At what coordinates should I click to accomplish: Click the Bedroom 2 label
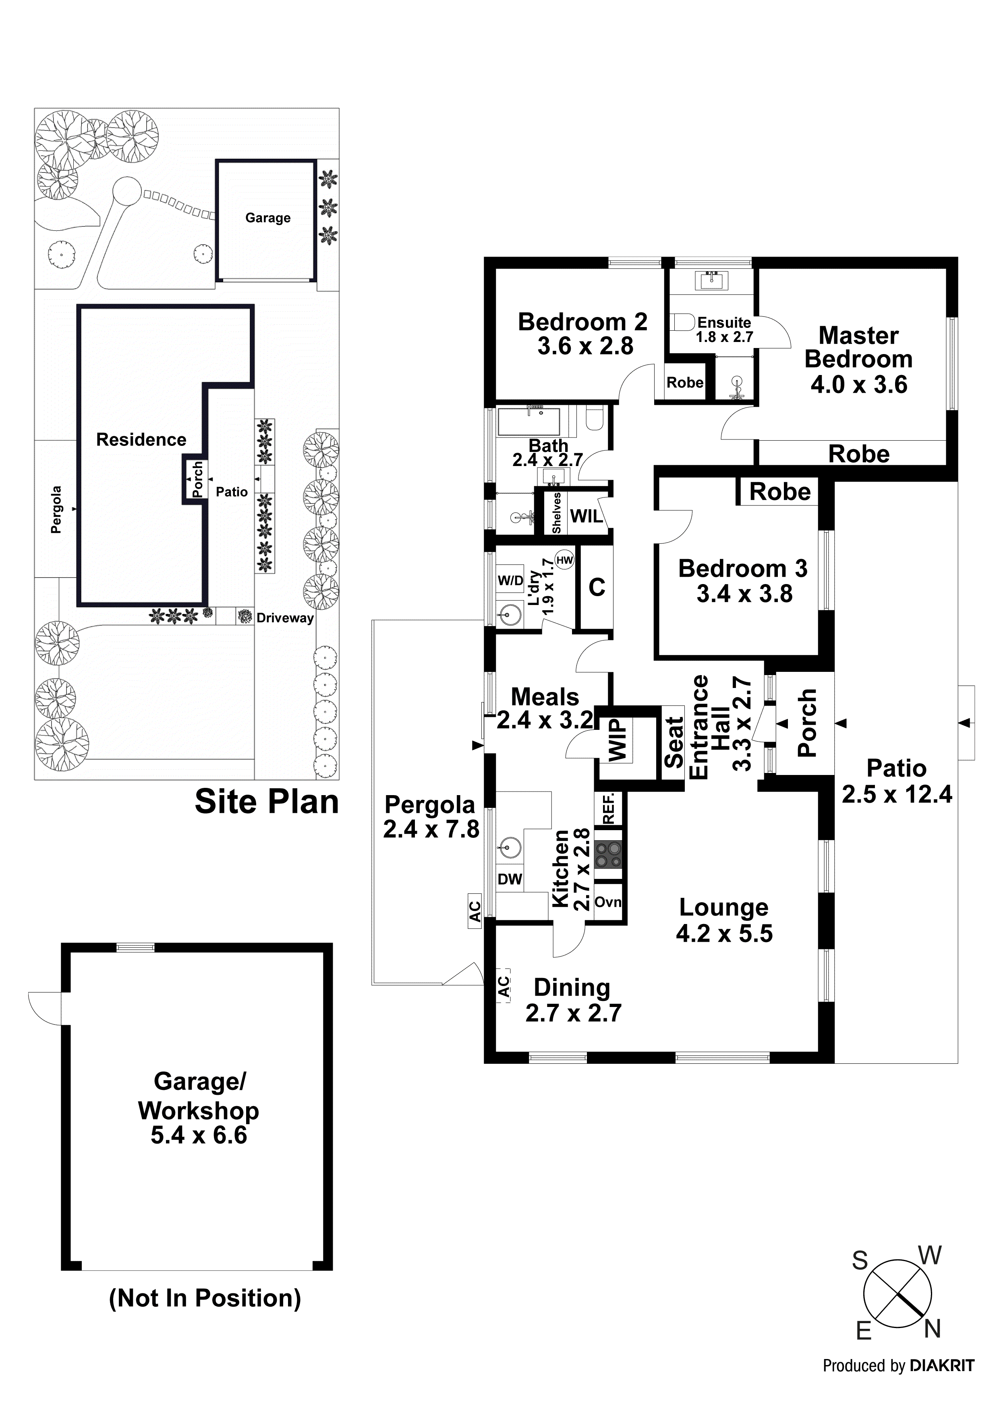click(x=582, y=322)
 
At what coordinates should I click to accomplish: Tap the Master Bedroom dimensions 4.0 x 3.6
click(x=859, y=385)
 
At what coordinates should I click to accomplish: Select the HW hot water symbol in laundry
click(x=564, y=560)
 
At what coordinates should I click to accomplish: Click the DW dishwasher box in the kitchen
click(x=510, y=879)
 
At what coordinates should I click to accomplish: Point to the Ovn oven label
click(x=608, y=903)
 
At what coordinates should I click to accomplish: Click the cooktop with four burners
click(x=609, y=855)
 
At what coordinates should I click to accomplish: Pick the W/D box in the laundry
click(x=510, y=580)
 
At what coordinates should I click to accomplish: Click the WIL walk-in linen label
click(x=586, y=516)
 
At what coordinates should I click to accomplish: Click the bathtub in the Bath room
click(x=528, y=422)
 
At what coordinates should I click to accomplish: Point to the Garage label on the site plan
click(x=268, y=218)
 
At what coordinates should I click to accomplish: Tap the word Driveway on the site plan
click(x=285, y=618)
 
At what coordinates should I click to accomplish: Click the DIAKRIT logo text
click(x=942, y=1365)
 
